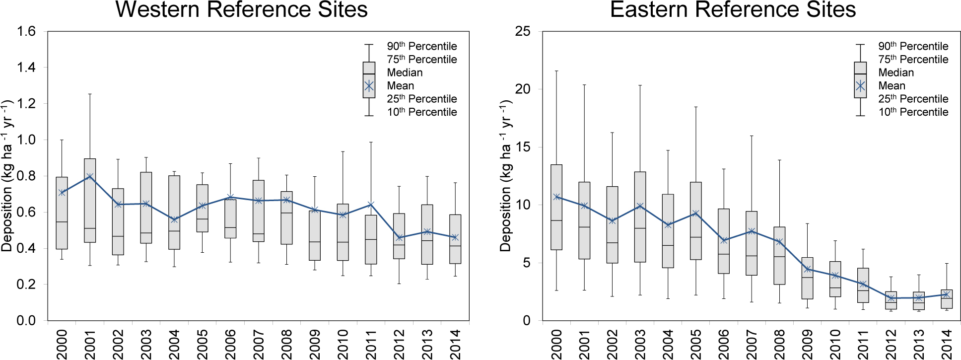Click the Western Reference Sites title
pyautogui.click(x=241, y=9)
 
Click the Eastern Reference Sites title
pyautogui.click(x=733, y=9)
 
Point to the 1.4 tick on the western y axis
pyautogui.click(x=26, y=68)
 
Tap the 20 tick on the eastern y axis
pyautogui.click(x=523, y=89)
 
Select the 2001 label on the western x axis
pyautogui.click(x=90, y=344)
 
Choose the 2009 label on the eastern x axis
pyautogui.click(x=808, y=344)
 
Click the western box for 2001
pyautogui.click(x=90, y=201)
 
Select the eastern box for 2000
pyautogui.click(x=556, y=207)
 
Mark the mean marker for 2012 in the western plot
pyautogui.click(x=399, y=238)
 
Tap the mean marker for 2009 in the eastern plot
pyautogui.click(x=808, y=269)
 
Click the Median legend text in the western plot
pyautogui.click(x=405, y=72)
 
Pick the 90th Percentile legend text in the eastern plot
pyautogui.click(x=913, y=46)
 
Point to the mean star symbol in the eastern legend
pyautogui.click(x=860, y=86)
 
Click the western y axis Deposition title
pyautogui.click(x=7, y=176)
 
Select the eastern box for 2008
pyautogui.click(x=779, y=256)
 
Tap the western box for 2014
pyautogui.click(x=455, y=239)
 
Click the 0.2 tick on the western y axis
pyautogui.click(x=26, y=285)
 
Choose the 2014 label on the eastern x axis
pyautogui.click(x=947, y=344)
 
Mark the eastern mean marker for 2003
pyautogui.click(x=640, y=206)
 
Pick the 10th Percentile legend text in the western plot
pyautogui.click(x=422, y=112)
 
